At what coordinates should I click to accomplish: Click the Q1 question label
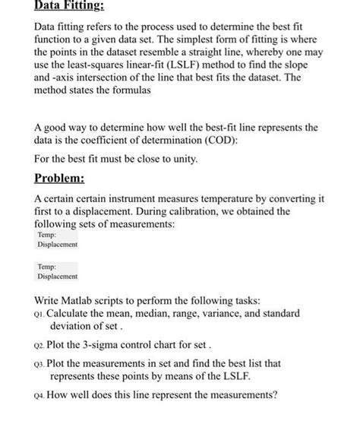(39, 314)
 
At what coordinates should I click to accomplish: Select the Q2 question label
(40, 343)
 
